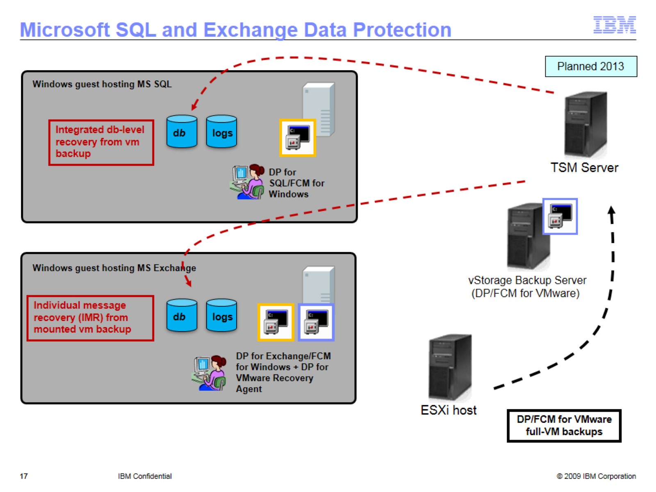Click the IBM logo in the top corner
click(x=614, y=25)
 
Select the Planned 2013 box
click(x=590, y=66)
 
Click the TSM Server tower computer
click(x=585, y=124)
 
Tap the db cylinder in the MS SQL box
click(x=182, y=132)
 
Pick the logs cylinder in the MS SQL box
click(x=221, y=132)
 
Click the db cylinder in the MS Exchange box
click(x=182, y=315)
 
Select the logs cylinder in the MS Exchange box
click(x=221, y=315)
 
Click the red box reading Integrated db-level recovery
click(x=101, y=142)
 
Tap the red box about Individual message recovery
click(x=90, y=318)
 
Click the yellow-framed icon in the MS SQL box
click(x=298, y=138)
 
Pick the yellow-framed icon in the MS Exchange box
click(x=276, y=322)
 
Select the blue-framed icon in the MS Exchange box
click(x=316, y=322)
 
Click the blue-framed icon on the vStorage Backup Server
click(x=560, y=216)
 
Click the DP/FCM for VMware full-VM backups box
click(x=564, y=426)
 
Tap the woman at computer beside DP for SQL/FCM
click(x=248, y=182)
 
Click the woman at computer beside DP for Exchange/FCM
click(x=210, y=373)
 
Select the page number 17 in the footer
click(x=24, y=476)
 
